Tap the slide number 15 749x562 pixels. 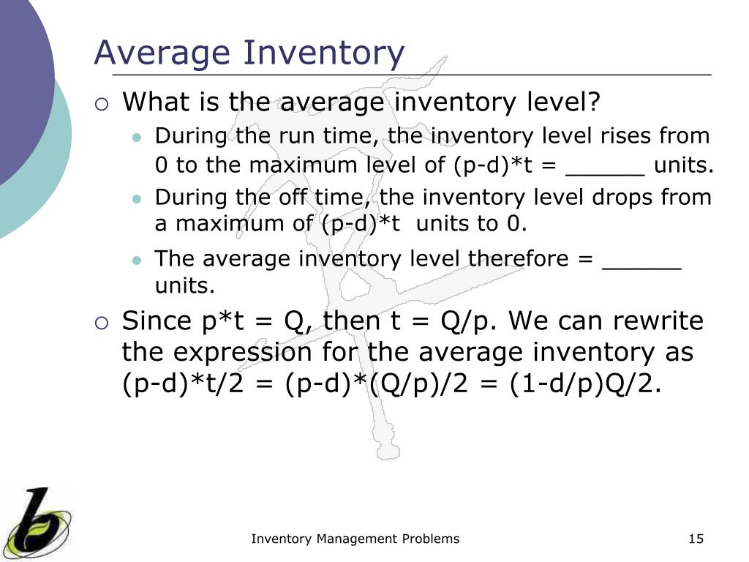click(x=696, y=539)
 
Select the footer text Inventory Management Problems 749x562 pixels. click(x=355, y=539)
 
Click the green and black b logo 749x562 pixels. click(x=37, y=522)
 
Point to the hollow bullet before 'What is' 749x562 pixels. click(x=102, y=105)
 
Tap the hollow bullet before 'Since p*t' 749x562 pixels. click(x=102, y=323)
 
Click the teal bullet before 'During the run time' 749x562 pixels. click(x=137, y=138)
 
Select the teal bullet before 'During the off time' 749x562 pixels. click(x=137, y=198)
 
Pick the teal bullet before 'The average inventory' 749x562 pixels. click(x=137, y=260)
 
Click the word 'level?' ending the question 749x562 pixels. click(x=563, y=102)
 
